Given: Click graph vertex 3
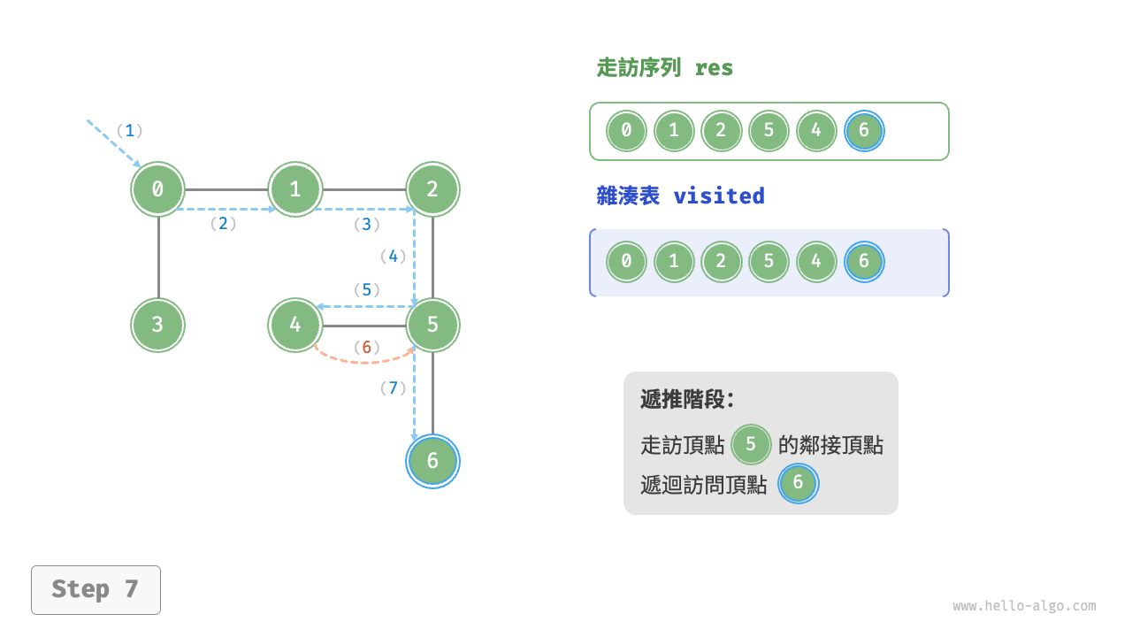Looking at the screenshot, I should tap(157, 325).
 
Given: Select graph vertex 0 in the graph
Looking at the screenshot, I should tap(157, 188).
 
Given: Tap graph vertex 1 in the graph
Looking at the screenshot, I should tap(295, 188).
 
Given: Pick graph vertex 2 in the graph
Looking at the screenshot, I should tap(432, 188).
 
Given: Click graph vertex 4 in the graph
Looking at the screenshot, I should tap(295, 325).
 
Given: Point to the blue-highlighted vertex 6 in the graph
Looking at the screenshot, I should tap(432, 461).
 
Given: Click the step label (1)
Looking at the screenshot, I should tap(129, 131).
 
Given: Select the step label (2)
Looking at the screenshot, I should tap(223, 224).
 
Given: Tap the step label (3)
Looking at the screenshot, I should tap(366, 225).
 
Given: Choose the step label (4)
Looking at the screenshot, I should tap(393, 257).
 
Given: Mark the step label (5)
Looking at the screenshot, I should tap(366, 289).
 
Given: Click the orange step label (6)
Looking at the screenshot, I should tap(366, 347).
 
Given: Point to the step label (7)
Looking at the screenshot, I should tap(393, 388).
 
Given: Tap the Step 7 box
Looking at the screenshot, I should tap(96, 589).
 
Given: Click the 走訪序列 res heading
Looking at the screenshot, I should tap(665, 68).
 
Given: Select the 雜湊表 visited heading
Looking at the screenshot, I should tap(680, 196).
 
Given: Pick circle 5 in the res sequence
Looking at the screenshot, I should tap(769, 131).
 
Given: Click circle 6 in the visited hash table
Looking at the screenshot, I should tap(864, 262).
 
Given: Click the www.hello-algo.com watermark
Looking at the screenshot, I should tap(1024, 606).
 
